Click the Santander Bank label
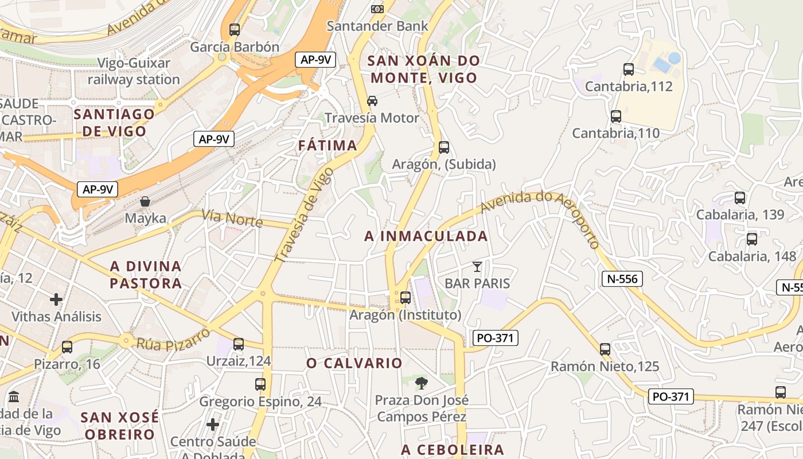pos(377,26)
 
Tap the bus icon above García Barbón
pos(234,30)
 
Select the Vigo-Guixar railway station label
pos(134,71)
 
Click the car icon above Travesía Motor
pos(372,101)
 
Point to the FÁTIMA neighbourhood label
pos(328,146)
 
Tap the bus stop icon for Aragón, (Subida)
pos(443,147)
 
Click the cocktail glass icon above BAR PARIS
pos(477,266)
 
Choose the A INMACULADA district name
pos(426,236)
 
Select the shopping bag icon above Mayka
pos(145,201)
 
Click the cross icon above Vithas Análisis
pos(56,299)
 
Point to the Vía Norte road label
pos(232,219)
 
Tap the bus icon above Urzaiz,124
pos(238,344)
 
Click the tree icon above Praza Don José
pos(422,383)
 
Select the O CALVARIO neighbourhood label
pos(354,363)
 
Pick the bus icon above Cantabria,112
pos(629,69)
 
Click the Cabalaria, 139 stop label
pos(740,215)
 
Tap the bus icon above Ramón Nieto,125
pos(605,349)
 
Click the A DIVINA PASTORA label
pos(146,274)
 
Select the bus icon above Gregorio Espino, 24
pos(260,384)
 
